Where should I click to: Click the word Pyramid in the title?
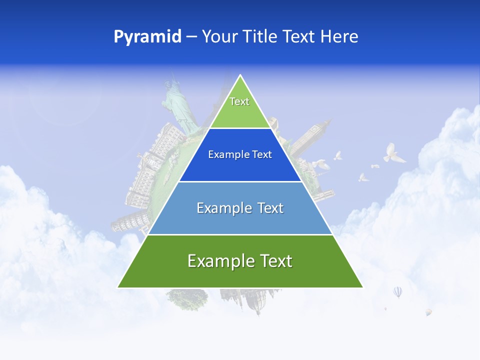point(147,37)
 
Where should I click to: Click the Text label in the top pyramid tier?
point(239,101)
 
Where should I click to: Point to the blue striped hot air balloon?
point(397,291)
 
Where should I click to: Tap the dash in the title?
point(191,37)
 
